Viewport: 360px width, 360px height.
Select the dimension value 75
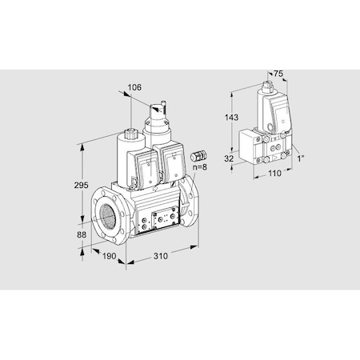278,74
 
